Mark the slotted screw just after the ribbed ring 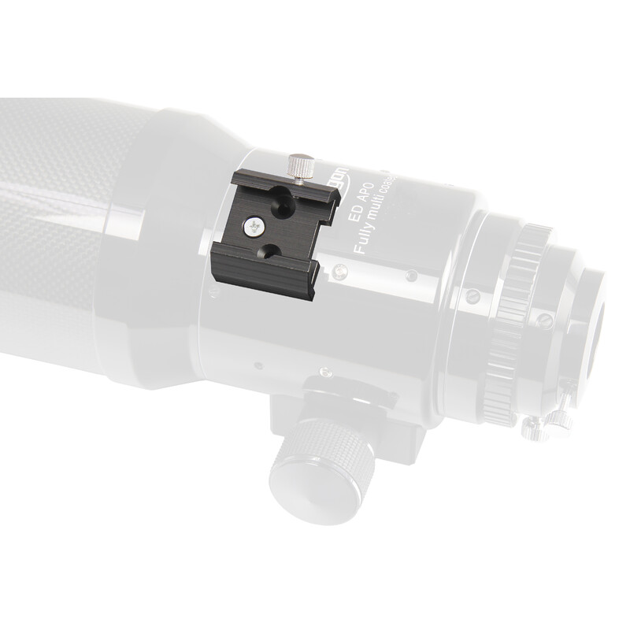click(543, 320)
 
